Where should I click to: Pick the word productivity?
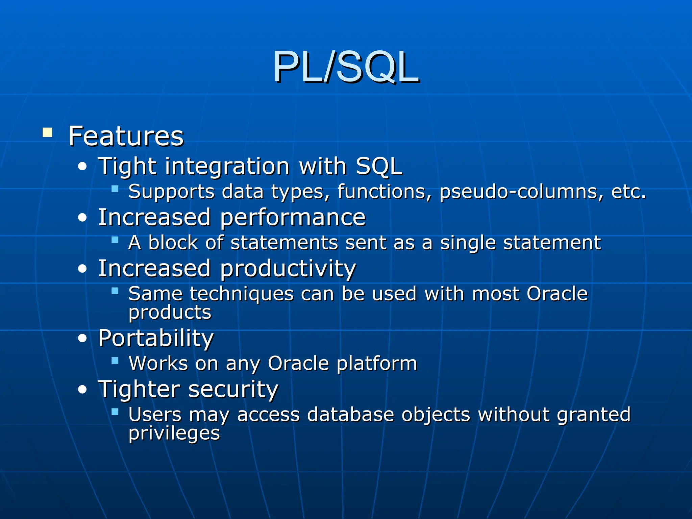pyautogui.click(x=288, y=269)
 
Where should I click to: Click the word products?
pyautogui.click(x=170, y=313)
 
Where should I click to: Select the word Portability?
pyautogui.click(x=156, y=338)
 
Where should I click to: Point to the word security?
pyautogui.click(x=233, y=389)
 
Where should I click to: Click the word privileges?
pyautogui.click(x=174, y=433)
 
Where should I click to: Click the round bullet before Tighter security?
pyautogui.click(x=82, y=390)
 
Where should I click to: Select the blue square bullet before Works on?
pyautogui.click(x=115, y=361)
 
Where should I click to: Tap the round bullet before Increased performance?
pyautogui.click(x=82, y=218)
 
